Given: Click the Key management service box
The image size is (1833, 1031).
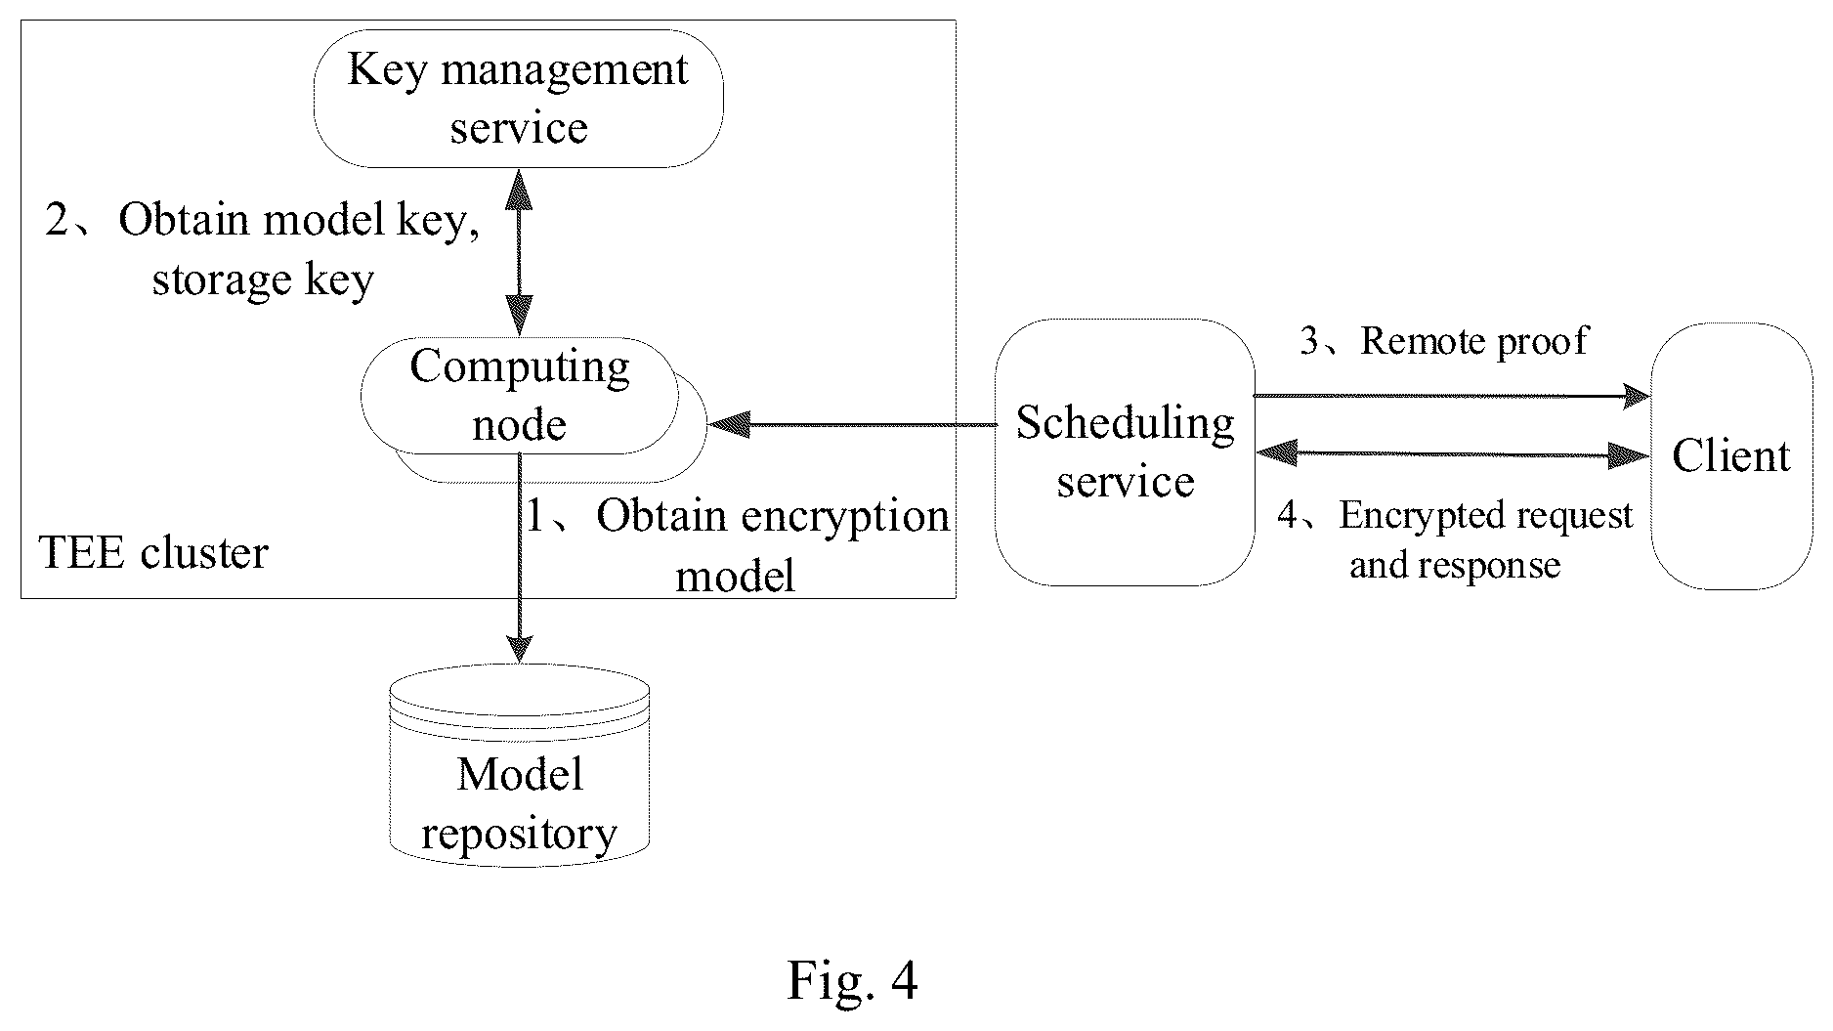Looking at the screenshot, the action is pyautogui.click(x=518, y=99).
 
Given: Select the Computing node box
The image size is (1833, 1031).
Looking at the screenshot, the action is pyautogui.click(x=519, y=396).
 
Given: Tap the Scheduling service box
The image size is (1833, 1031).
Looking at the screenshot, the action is pyautogui.click(x=1125, y=452).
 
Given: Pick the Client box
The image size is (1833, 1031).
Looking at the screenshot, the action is pyautogui.click(x=1731, y=456).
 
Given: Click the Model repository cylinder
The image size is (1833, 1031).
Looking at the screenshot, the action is pyautogui.click(x=519, y=765).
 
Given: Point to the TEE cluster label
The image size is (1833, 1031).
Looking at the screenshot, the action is pyautogui.click(x=153, y=553).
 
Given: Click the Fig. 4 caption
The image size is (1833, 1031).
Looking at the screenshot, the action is pyautogui.click(x=852, y=980).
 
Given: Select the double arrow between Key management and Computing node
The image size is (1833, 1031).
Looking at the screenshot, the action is pyautogui.click(x=519, y=252).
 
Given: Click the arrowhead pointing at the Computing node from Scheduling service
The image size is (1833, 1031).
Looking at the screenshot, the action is pyautogui.click(x=728, y=424).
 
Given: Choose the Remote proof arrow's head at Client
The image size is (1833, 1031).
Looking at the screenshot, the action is pyautogui.click(x=1636, y=396).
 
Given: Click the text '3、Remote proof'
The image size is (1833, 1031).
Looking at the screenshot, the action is pyautogui.click(x=1444, y=340).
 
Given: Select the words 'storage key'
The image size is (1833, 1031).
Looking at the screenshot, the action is pyautogui.click(x=263, y=279).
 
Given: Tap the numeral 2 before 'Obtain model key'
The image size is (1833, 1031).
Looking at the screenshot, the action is pyautogui.click(x=59, y=220).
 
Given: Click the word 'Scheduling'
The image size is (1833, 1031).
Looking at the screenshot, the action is pyautogui.click(x=1125, y=423).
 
